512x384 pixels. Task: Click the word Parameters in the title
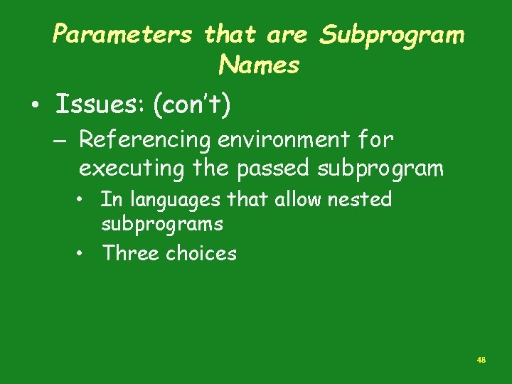click(x=122, y=35)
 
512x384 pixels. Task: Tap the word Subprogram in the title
click(x=392, y=35)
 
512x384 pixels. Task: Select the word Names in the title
click(x=259, y=65)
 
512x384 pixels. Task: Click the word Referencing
click(x=144, y=140)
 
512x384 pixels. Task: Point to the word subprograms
click(x=162, y=224)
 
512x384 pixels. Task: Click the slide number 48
click(x=481, y=361)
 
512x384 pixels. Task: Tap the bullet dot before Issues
click(x=34, y=107)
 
